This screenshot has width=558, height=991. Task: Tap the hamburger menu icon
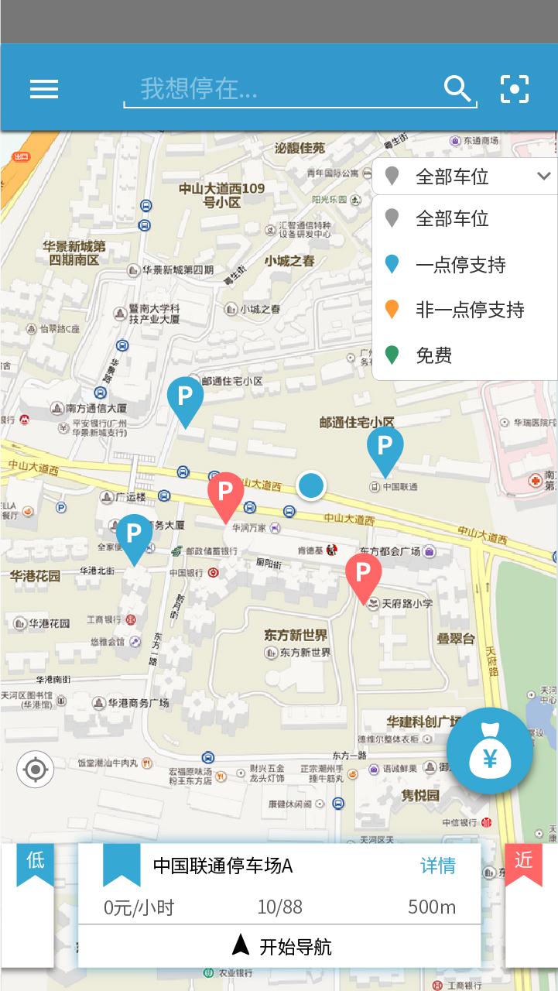pos(44,89)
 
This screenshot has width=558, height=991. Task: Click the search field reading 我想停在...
pos(282,89)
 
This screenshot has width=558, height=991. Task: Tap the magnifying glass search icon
pos(457,89)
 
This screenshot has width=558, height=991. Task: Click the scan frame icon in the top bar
pos(515,89)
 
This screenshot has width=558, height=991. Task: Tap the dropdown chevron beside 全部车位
pos(543,177)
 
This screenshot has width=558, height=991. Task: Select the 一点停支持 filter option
pos(460,266)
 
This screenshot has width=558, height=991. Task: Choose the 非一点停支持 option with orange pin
pos(469,310)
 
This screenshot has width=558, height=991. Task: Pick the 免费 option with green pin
pos(433,355)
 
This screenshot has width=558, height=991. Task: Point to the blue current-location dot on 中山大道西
pos(311,486)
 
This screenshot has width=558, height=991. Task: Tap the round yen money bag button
pos(490,751)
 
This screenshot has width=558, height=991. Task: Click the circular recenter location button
pos(36,770)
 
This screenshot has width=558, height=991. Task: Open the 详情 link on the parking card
pos(438,866)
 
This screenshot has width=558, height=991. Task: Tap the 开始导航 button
pos(282,946)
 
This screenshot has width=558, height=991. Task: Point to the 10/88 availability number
pos(280,907)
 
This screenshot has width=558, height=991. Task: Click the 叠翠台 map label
pos(456,639)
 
